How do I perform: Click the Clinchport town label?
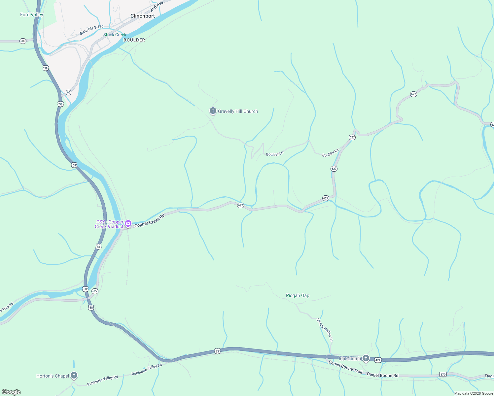coord(142,16)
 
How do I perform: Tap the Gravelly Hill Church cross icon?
coord(213,111)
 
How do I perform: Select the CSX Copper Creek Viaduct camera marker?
coord(128,224)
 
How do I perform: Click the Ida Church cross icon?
coord(366,358)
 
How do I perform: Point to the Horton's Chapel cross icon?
coord(74,375)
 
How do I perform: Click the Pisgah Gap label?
coord(298,295)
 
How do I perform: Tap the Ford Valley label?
coord(32,15)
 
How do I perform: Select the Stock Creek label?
coord(115,35)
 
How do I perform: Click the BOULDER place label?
coord(134,40)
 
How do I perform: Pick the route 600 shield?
coord(23,41)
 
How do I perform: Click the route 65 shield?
coord(68,92)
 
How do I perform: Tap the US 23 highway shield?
coord(217,351)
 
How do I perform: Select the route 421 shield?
coord(378,360)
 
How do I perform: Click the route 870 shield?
coord(443,374)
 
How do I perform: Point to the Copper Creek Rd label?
coord(149,221)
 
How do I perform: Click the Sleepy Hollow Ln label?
coord(325,330)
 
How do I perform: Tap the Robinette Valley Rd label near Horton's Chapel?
coord(102,381)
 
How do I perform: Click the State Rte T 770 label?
coord(91,30)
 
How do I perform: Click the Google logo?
coord(11,392)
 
